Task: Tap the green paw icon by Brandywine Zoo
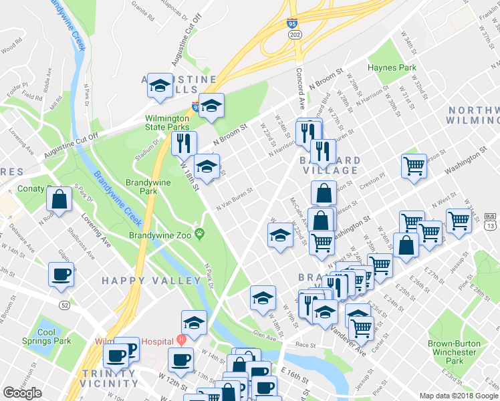[x=201, y=233]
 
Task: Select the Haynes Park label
[x=392, y=68]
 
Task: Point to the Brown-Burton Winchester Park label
[x=455, y=352]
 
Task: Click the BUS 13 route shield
[x=490, y=221]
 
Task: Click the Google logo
[x=22, y=393]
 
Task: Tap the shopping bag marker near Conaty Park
[x=59, y=198]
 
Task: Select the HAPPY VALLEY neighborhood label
[x=139, y=281]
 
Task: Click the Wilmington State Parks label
[x=166, y=122]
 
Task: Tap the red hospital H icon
[x=180, y=339]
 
